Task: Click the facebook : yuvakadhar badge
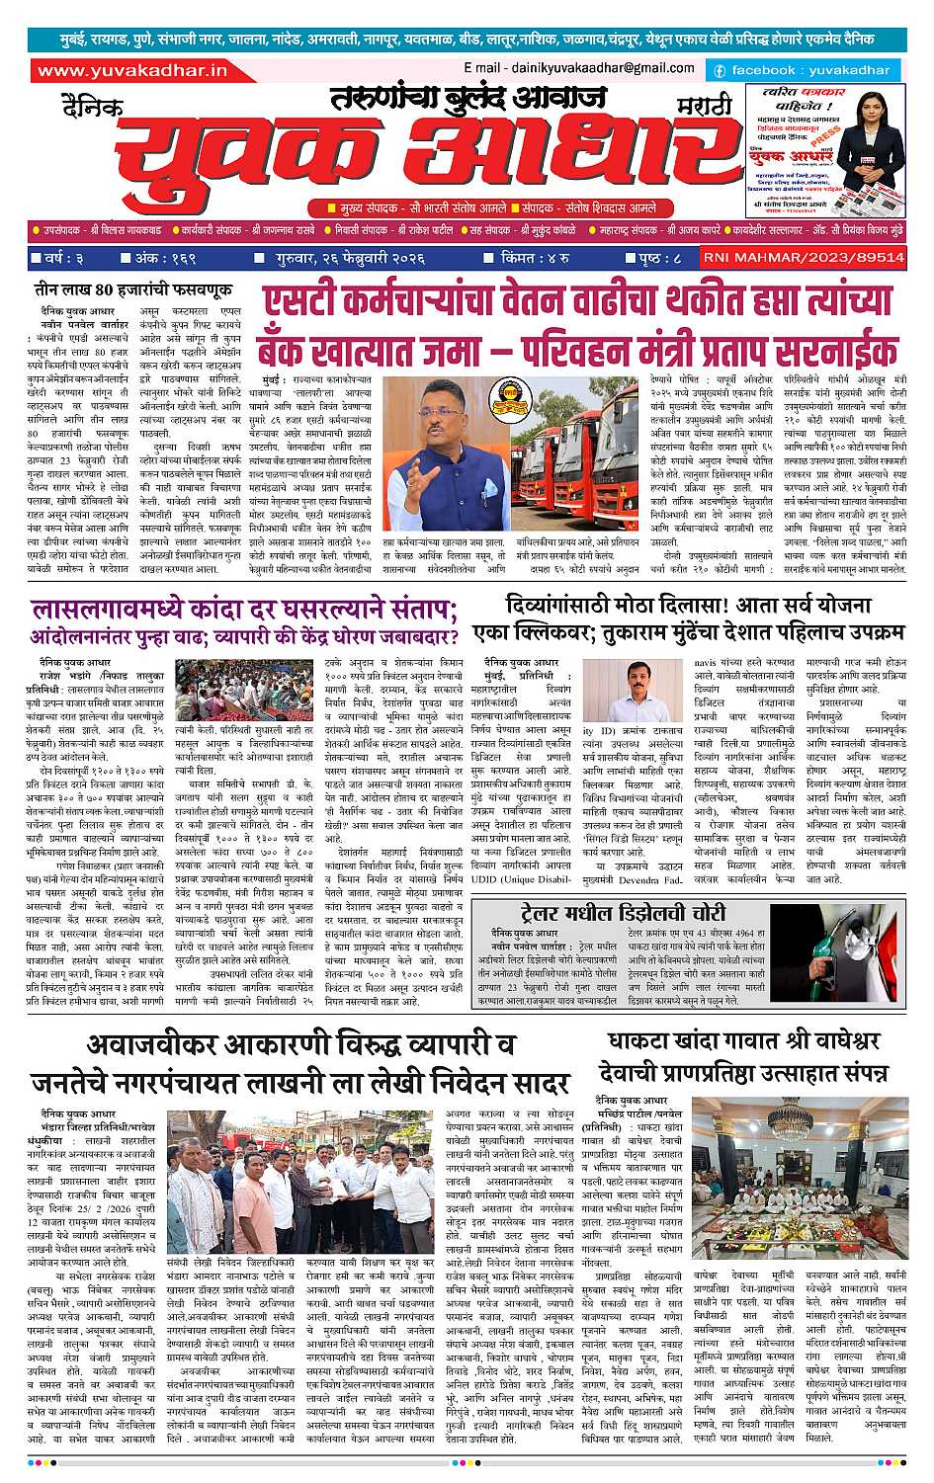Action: pos(803,70)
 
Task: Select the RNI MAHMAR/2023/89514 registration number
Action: pos(803,257)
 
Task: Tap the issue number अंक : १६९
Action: pos(164,258)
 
